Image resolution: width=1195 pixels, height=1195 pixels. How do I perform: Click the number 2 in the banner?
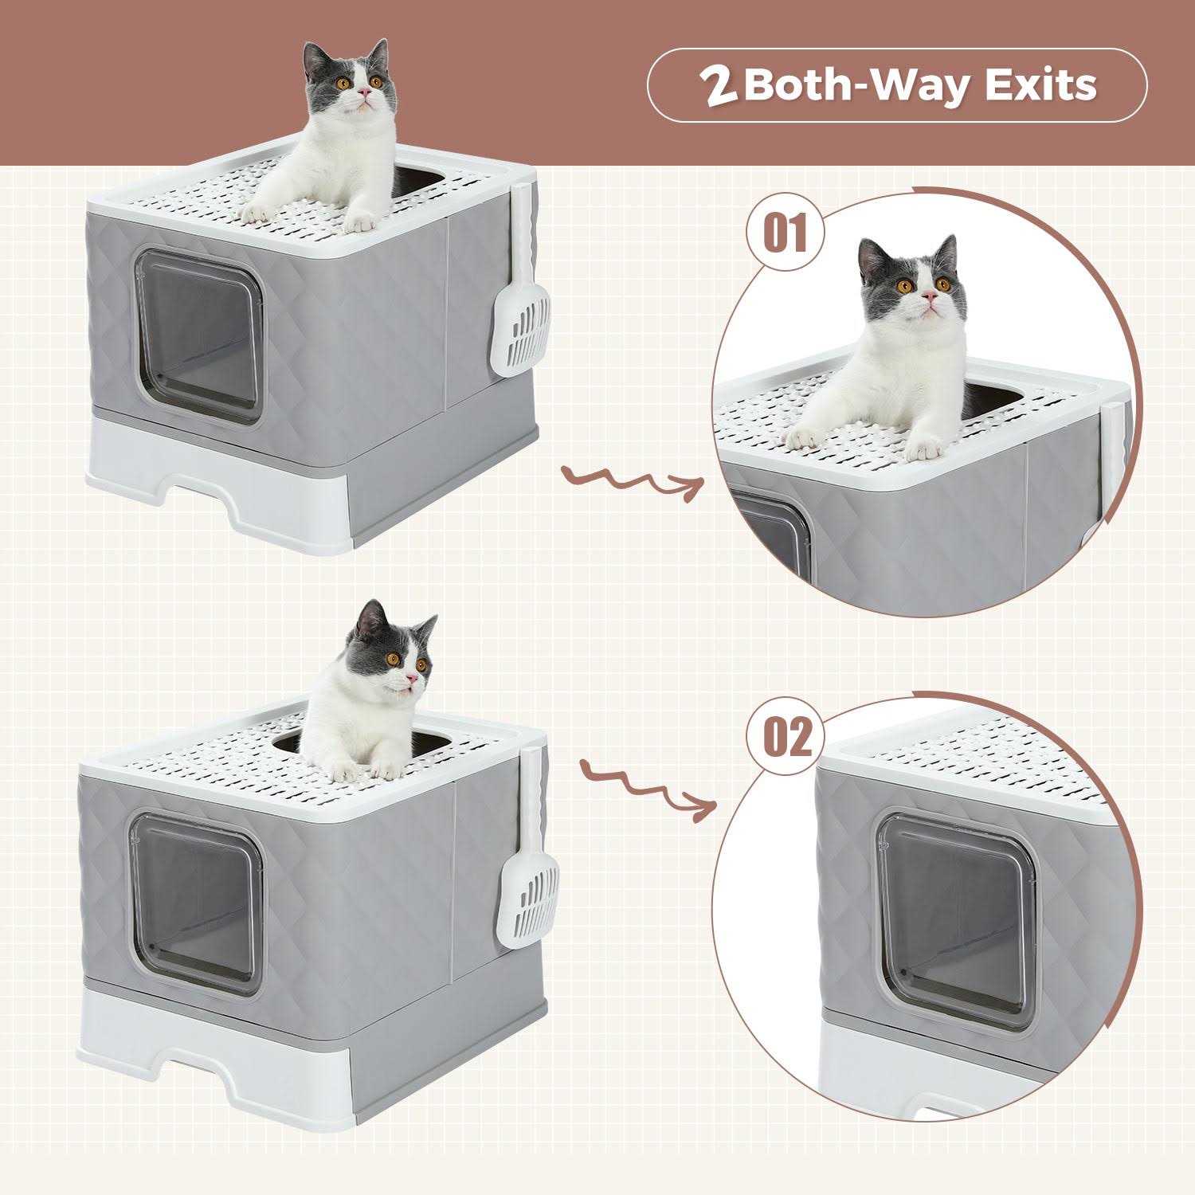coord(719,87)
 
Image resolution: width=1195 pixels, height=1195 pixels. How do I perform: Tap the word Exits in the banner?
coord(1040,85)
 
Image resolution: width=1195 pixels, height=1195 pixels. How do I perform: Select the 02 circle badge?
coord(787,736)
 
